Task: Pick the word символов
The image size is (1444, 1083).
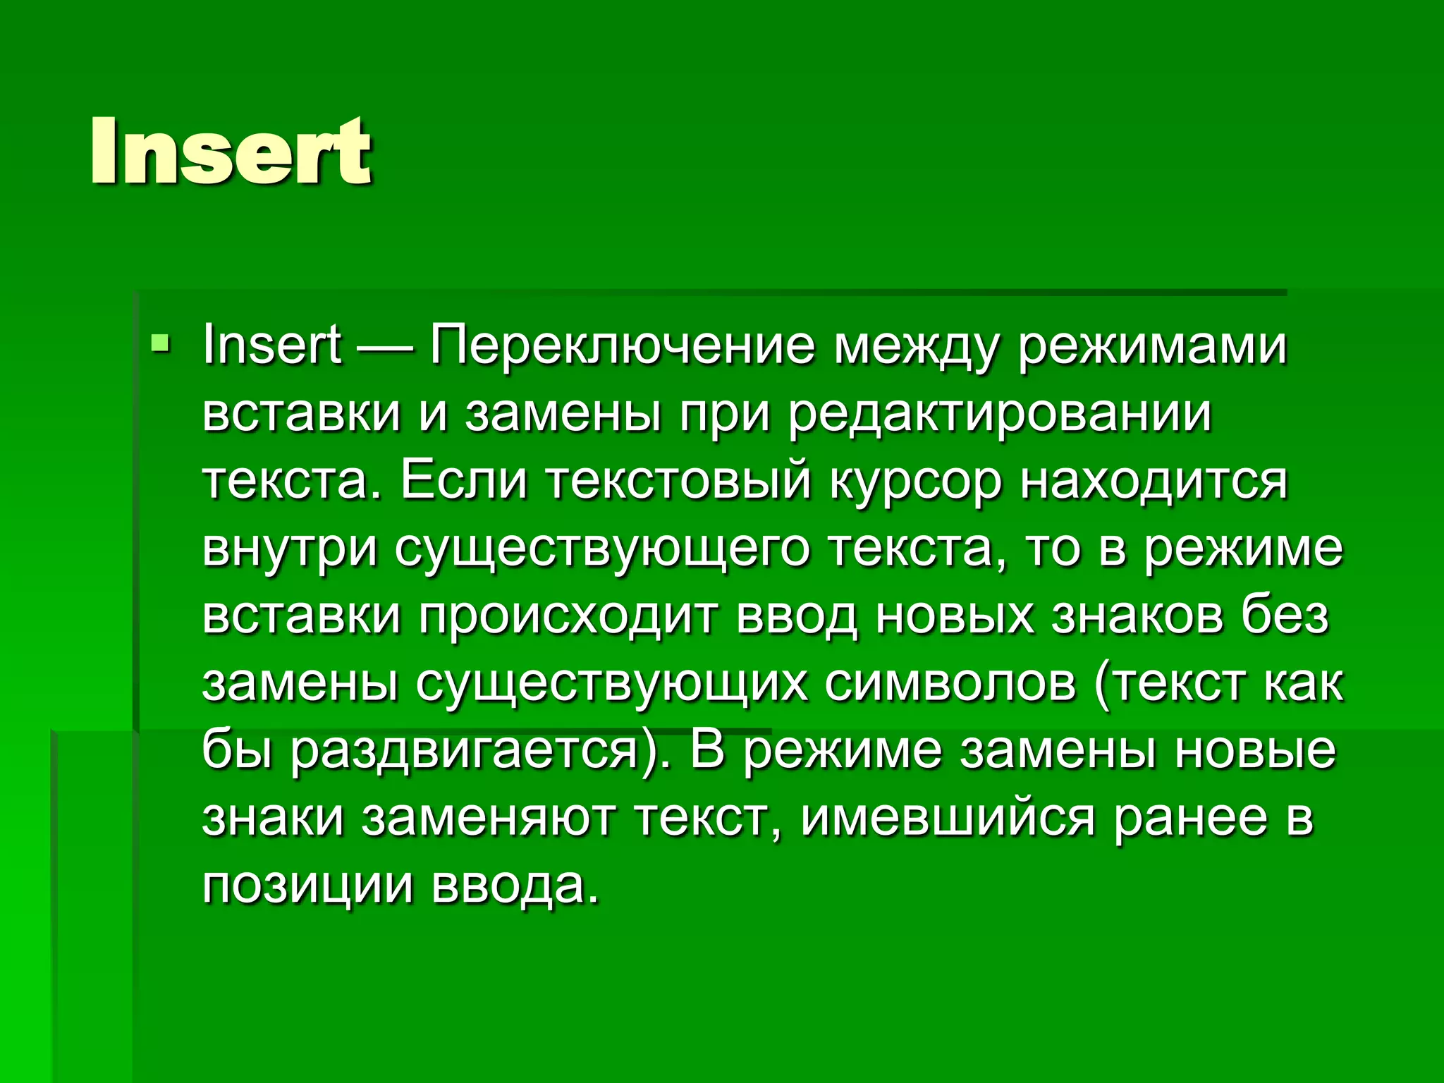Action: [x=950, y=684]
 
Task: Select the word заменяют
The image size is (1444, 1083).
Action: [x=489, y=819]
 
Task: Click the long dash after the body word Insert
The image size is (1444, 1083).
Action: [x=386, y=347]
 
